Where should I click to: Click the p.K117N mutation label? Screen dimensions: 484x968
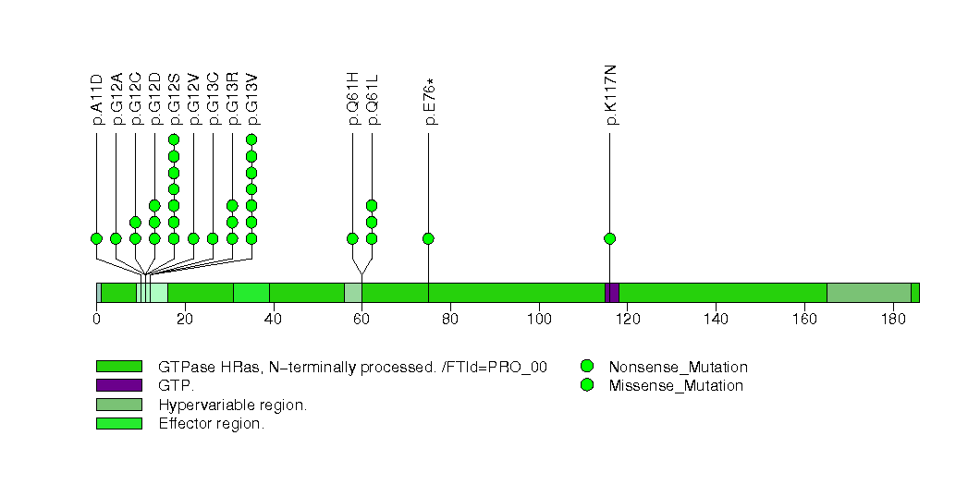[x=611, y=95]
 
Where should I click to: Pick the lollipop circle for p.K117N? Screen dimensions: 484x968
[x=609, y=238]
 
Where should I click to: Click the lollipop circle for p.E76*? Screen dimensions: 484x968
[x=428, y=238]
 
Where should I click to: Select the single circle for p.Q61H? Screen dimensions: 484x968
[x=352, y=238]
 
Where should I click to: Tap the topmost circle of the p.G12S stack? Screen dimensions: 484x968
[x=174, y=139]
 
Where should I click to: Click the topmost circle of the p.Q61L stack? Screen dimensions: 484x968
[x=372, y=205]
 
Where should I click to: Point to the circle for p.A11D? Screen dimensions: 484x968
[x=96, y=238]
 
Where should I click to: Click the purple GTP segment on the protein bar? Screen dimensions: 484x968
[x=611, y=292]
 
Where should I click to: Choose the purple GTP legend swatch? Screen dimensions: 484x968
[x=118, y=385]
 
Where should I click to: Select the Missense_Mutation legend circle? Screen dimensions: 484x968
[x=586, y=385]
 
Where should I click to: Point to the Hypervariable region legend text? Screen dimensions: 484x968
[x=232, y=405]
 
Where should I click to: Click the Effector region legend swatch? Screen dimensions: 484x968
[x=118, y=424]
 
